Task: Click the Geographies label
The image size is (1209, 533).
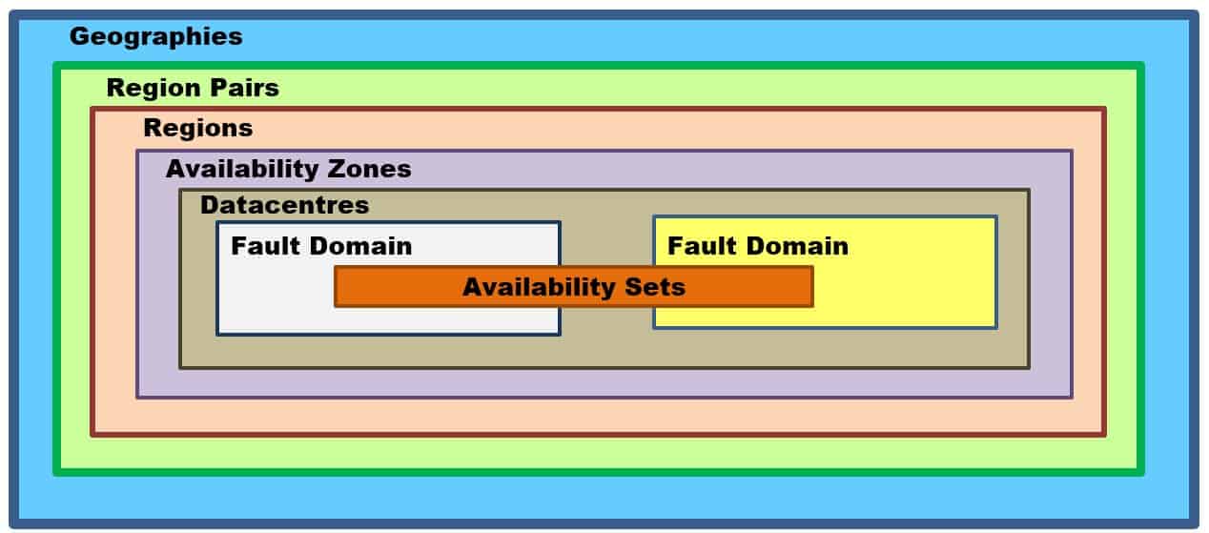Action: point(155,37)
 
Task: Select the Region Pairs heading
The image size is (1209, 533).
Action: point(193,88)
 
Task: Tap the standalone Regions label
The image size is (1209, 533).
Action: point(197,128)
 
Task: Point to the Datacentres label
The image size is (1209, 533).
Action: point(284,205)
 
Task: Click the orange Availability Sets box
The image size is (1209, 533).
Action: point(573,286)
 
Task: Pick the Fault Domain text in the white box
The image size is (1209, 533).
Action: point(321,246)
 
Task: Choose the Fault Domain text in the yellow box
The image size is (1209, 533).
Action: point(757,246)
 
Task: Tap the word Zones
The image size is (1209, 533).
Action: point(369,169)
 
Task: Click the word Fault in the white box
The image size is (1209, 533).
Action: point(260,246)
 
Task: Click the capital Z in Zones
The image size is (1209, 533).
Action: point(335,169)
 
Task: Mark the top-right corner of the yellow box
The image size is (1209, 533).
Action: point(996,217)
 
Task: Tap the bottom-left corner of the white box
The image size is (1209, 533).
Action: point(217,334)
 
